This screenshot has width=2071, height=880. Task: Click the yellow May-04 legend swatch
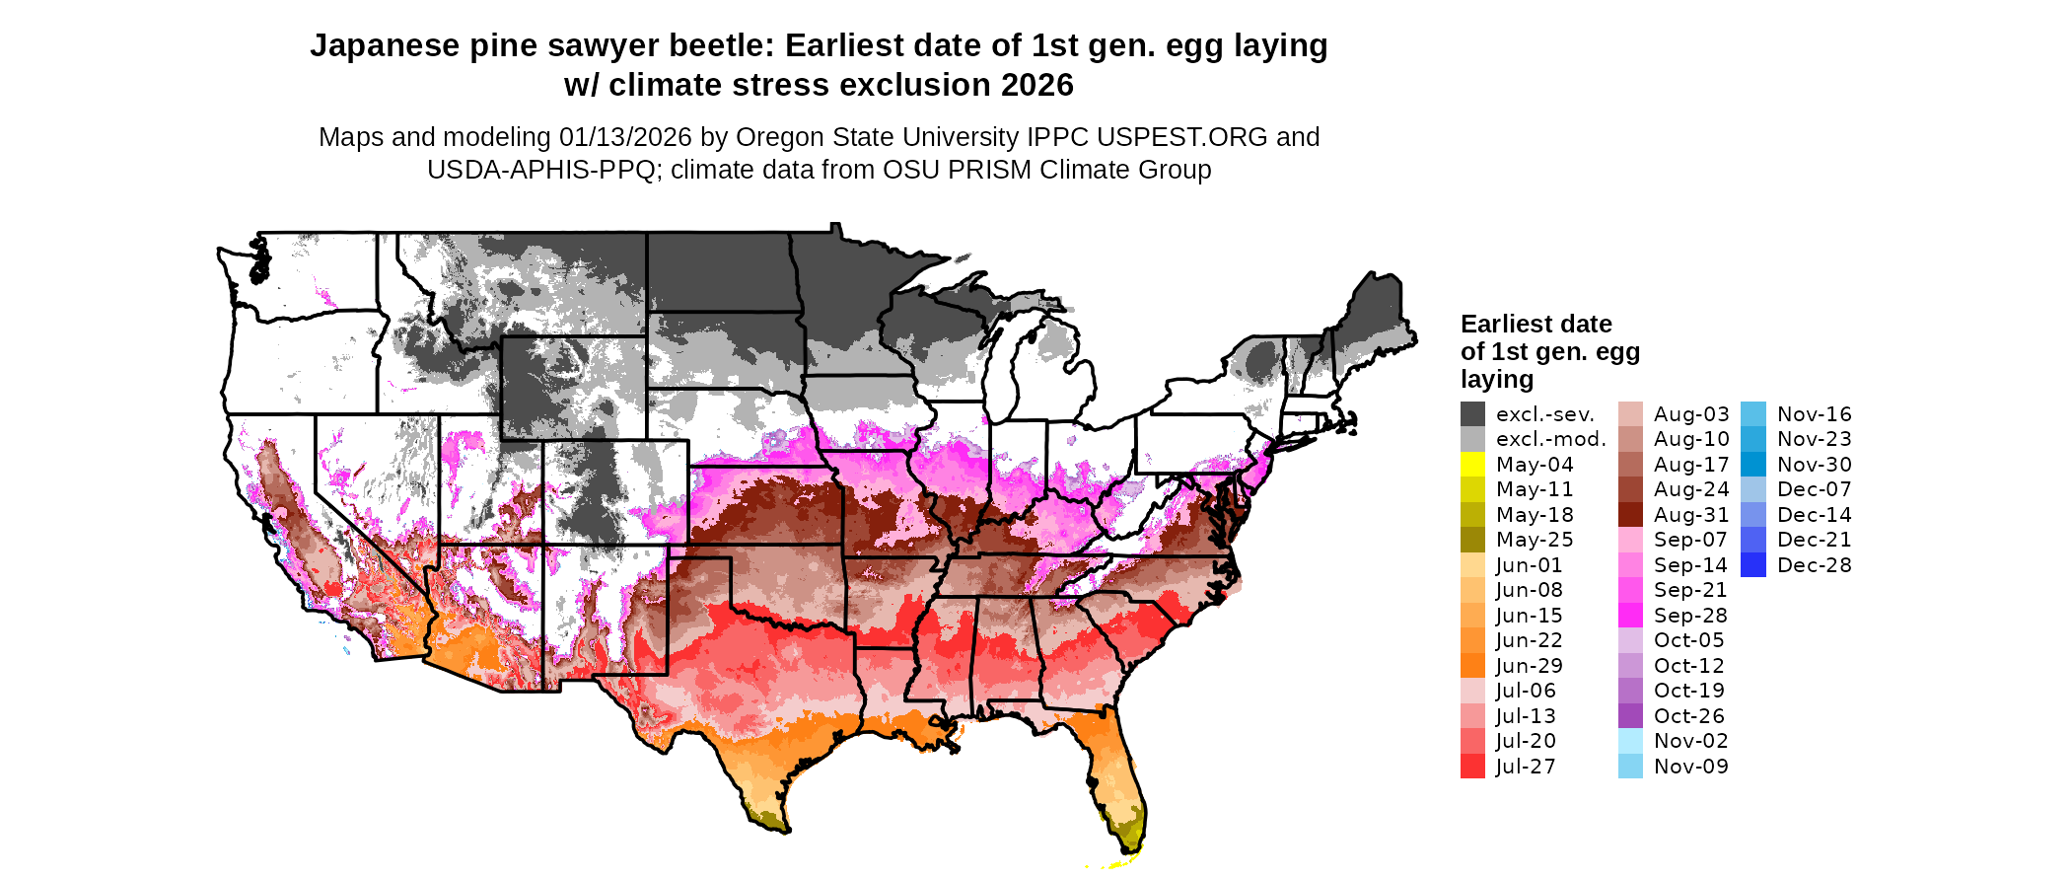point(1472,465)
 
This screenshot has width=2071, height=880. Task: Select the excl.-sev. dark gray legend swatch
point(1472,414)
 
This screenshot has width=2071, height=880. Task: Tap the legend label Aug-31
point(1690,515)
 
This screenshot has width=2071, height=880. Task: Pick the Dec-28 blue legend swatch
point(1753,565)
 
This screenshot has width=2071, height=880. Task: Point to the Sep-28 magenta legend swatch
point(1630,616)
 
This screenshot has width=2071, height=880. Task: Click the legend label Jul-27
point(1525,767)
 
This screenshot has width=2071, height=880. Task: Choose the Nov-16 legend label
point(1814,414)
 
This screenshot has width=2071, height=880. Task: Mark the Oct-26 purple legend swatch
point(1630,716)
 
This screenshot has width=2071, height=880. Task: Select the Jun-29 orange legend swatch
point(1472,666)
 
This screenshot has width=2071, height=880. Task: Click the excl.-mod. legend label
point(1550,439)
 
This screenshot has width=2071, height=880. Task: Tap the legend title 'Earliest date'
point(1535,325)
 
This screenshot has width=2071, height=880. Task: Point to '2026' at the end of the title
point(1036,86)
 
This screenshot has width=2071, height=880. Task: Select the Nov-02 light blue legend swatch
point(1630,741)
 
